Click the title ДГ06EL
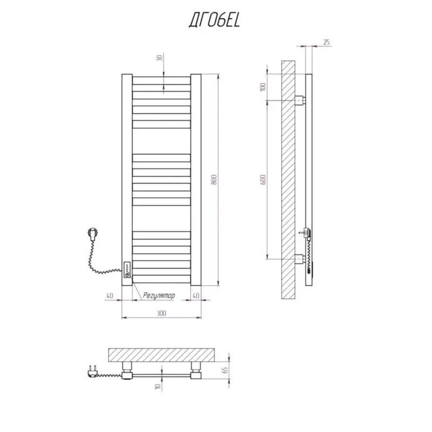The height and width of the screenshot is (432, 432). click(x=214, y=21)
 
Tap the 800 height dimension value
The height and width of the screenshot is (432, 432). click(x=214, y=180)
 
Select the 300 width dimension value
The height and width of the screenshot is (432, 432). click(x=161, y=313)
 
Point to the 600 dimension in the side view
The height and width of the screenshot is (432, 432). click(x=263, y=180)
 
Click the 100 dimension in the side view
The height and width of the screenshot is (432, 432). click(x=263, y=87)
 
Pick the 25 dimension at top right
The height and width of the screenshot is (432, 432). click(x=327, y=42)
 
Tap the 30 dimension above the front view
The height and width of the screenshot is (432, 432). click(x=159, y=58)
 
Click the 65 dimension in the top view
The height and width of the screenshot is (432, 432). click(x=225, y=370)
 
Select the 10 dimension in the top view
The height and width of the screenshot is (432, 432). click(x=158, y=386)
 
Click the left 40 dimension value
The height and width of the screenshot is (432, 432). click(x=110, y=295)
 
